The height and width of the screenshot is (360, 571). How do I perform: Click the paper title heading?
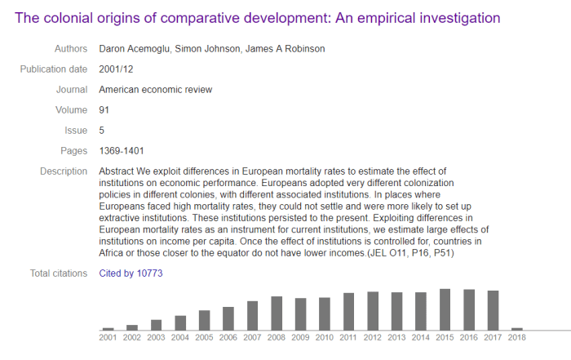[257, 17]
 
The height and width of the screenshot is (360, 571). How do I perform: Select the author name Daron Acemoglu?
[135, 49]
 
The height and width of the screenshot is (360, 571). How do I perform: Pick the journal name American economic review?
[155, 90]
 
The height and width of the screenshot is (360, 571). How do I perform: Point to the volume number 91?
[104, 110]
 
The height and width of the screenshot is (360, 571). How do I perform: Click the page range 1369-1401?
[122, 150]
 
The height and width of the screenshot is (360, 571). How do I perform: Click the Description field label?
[64, 171]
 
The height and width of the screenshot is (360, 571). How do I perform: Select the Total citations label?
[58, 273]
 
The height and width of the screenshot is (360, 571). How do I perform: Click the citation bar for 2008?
[277, 313]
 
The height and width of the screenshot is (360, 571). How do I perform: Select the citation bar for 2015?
[445, 309]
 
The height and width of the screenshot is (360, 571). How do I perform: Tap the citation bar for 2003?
[157, 324]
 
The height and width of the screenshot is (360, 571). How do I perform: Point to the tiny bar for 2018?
[517, 328]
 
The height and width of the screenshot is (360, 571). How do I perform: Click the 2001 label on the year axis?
[108, 336]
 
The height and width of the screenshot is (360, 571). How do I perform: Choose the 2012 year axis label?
[373, 336]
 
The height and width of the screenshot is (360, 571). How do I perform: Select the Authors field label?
[70, 49]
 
